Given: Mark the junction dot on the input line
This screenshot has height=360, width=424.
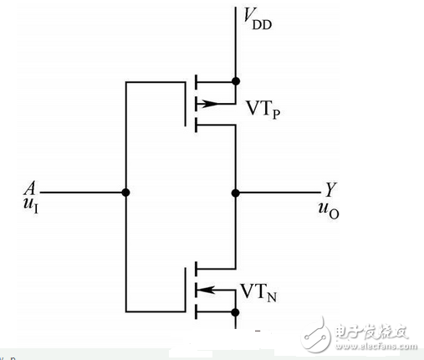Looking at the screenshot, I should click(125, 193).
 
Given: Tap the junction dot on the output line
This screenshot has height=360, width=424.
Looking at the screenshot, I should click(236, 193).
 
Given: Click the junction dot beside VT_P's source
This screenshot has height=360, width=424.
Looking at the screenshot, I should click(236, 82).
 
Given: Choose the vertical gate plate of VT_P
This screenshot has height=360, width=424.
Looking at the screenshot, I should click(183, 101).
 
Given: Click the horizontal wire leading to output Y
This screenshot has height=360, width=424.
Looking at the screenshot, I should click(276, 193).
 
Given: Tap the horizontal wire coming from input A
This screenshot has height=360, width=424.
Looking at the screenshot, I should click(79, 193).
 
